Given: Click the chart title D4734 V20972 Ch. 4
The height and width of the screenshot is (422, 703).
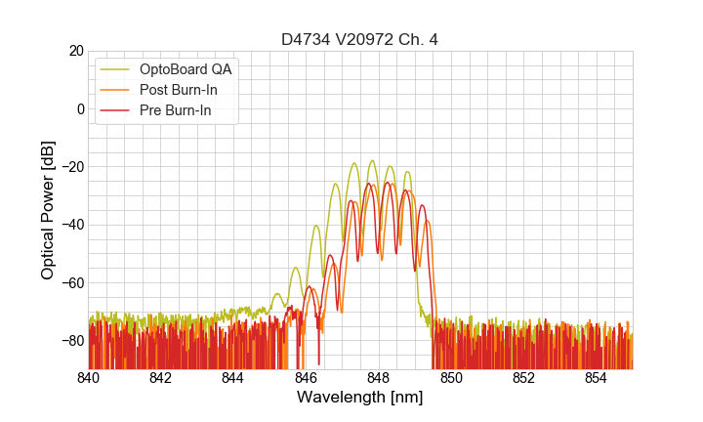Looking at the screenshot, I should click(x=360, y=39).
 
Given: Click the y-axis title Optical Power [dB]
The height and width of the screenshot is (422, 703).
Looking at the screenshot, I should click(x=48, y=210).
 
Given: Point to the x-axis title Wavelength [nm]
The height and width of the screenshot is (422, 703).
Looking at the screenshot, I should click(x=360, y=398).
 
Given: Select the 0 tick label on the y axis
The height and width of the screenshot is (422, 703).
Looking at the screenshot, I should click(x=80, y=108).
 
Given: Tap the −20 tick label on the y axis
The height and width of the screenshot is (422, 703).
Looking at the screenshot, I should click(x=71, y=167).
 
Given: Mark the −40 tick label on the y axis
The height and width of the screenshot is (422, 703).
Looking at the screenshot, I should click(x=71, y=225).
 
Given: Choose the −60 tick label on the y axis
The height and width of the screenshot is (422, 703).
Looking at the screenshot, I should click(x=71, y=282).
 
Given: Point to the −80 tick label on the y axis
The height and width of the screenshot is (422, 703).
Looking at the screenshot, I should click(x=71, y=340).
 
